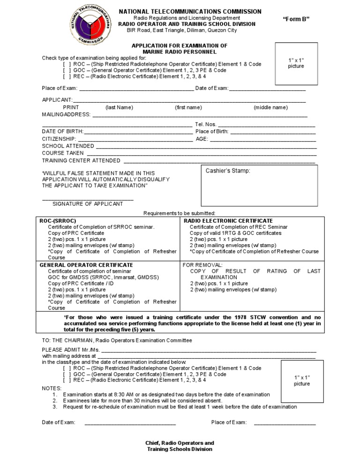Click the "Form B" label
coord(296,19)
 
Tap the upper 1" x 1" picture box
coord(296,63)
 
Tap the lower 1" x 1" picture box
coord(302,381)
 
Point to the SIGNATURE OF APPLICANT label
coord(88,204)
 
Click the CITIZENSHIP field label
coord(59,139)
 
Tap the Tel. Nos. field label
coord(205,125)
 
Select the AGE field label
coord(202,139)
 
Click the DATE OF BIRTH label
coord(63,132)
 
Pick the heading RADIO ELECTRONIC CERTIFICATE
coord(228,221)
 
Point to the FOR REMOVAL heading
coord(202,265)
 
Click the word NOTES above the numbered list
coord(52,389)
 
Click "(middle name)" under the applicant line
coord(271,107)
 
